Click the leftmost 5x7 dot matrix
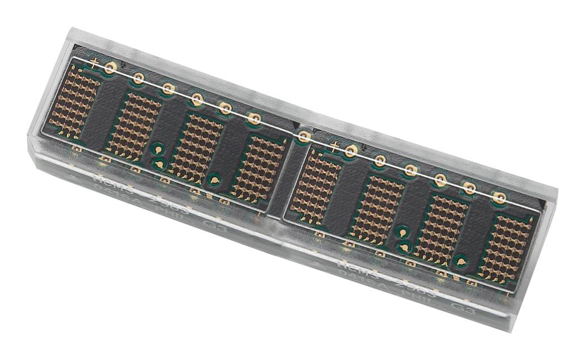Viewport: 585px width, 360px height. coord(74,101)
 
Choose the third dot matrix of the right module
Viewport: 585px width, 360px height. coord(441,230)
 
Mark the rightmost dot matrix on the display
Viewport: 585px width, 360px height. coord(506,248)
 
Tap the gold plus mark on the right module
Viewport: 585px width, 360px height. coord(335,146)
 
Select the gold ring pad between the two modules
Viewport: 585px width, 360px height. coord(304,136)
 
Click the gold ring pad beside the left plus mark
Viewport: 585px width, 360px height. coord(110,68)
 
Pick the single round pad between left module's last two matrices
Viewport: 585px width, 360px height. coord(214,180)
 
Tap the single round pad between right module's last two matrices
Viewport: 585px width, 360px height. coord(460,260)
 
